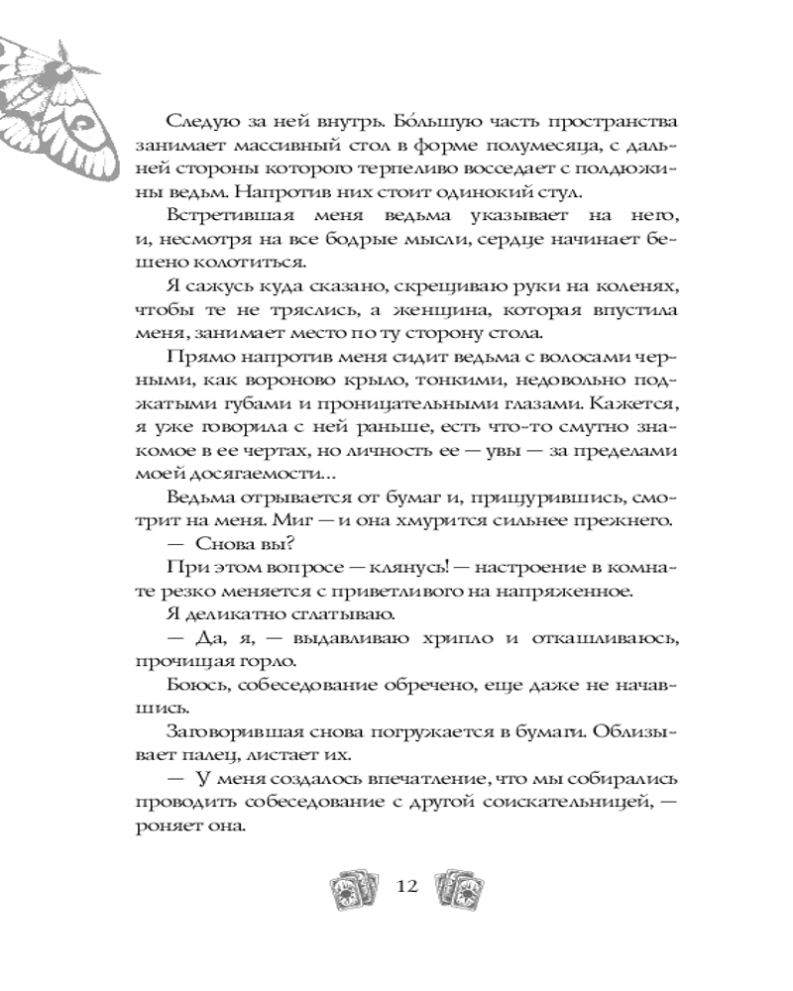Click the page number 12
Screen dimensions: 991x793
[407, 885]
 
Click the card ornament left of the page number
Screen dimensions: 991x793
[354, 884]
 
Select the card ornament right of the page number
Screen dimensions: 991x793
[460, 884]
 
